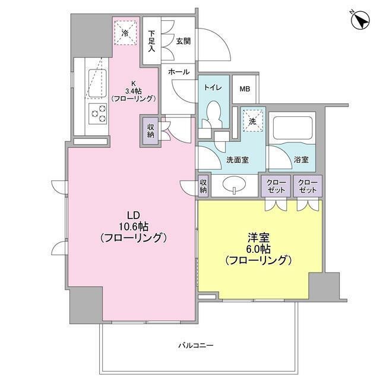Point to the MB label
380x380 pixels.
pos(245,88)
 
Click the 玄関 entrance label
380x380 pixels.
pos(183,41)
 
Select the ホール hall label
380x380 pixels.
pos(179,72)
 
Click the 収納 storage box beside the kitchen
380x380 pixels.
pos(149,131)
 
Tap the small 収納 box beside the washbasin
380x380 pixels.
pos(204,186)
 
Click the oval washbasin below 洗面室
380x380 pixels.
pos(236,186)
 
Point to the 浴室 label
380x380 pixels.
pos(301,159)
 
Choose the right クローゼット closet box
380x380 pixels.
pos(308,186)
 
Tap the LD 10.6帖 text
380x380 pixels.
pos(131,226)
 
